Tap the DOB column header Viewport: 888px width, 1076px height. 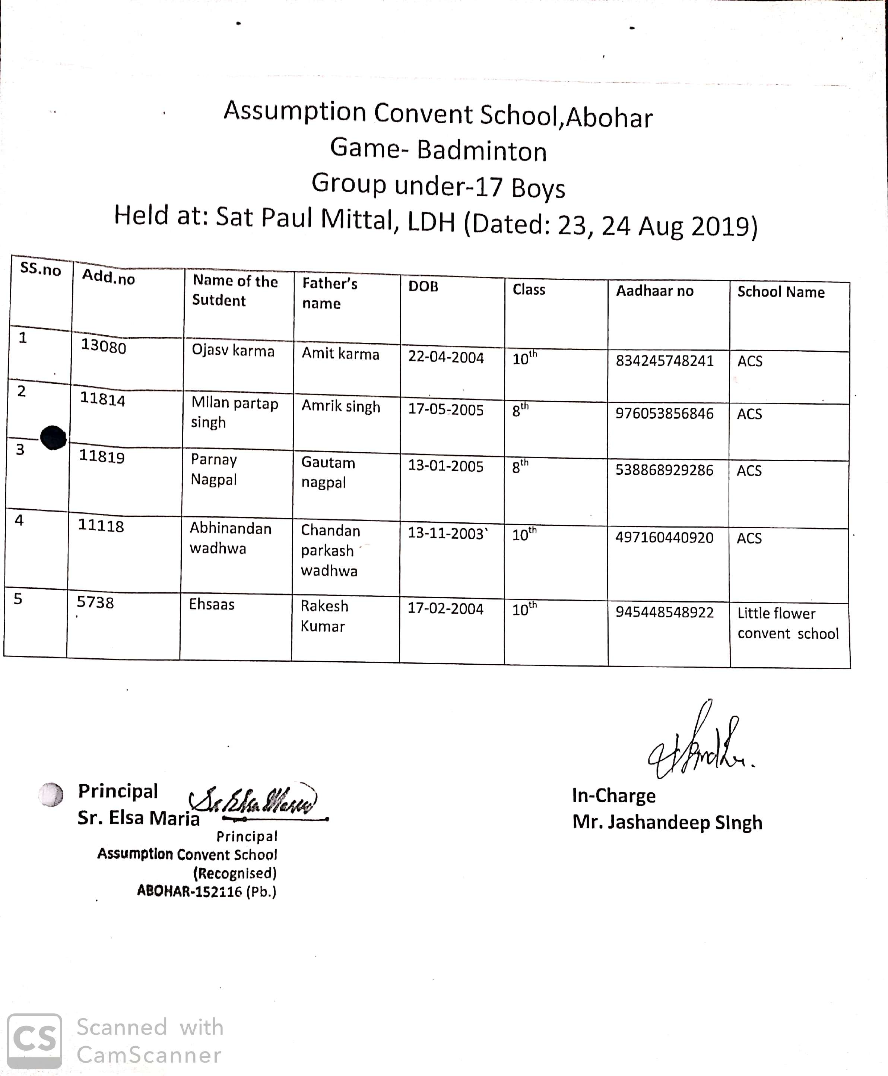tap(423, 287)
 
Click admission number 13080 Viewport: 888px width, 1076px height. tap(103, 346)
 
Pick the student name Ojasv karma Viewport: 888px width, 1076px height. tap(233, 351)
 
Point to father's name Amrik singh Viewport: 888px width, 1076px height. tap(341, 406)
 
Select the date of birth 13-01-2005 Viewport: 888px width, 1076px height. tap(445, 466)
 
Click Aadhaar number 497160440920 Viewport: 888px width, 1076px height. tap(664, 537)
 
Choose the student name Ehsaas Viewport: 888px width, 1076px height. tap(212, 604)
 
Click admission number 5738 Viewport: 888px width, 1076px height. tap(95, 602)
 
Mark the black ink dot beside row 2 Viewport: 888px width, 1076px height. tap(53, 437)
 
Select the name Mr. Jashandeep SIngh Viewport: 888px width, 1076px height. tap(667, 822)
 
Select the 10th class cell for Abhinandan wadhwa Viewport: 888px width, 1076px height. tap(524, 535)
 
